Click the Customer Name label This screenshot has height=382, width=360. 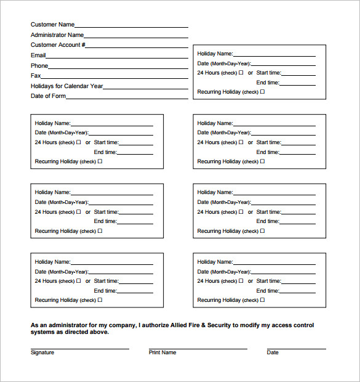pos(52,25)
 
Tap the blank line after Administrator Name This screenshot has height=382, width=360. pos(136,37)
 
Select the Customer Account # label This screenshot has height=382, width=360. pos(58,45)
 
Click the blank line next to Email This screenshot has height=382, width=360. pos(117,57)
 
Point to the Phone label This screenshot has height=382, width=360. pos(39,66)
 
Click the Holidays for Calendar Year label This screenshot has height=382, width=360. pos(66,86)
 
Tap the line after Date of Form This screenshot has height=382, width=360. pos(127,98)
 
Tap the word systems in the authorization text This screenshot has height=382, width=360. pos(42,332)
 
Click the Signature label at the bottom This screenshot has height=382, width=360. pos(42,352)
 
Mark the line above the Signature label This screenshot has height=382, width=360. pos(79,349)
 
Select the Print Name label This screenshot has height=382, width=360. pos(162,352)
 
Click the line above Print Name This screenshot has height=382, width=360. pos(198,349)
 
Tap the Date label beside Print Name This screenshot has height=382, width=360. pos(273,352)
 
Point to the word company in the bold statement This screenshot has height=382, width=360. pos(121,325)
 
